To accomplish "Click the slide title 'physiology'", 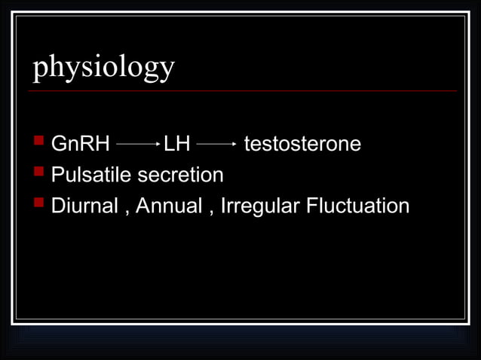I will pos(103,68).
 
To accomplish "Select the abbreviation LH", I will pos(177,144).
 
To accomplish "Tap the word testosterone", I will pos(302,144).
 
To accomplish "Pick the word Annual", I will pos(169,206).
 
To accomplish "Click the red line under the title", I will pos(241,91).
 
